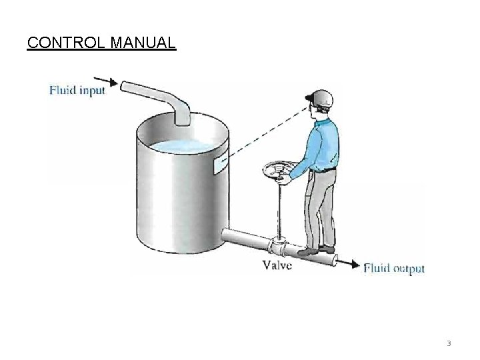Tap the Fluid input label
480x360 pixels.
(77, 91)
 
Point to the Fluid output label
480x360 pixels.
(394, 269)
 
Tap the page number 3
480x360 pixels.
(449, 344)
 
